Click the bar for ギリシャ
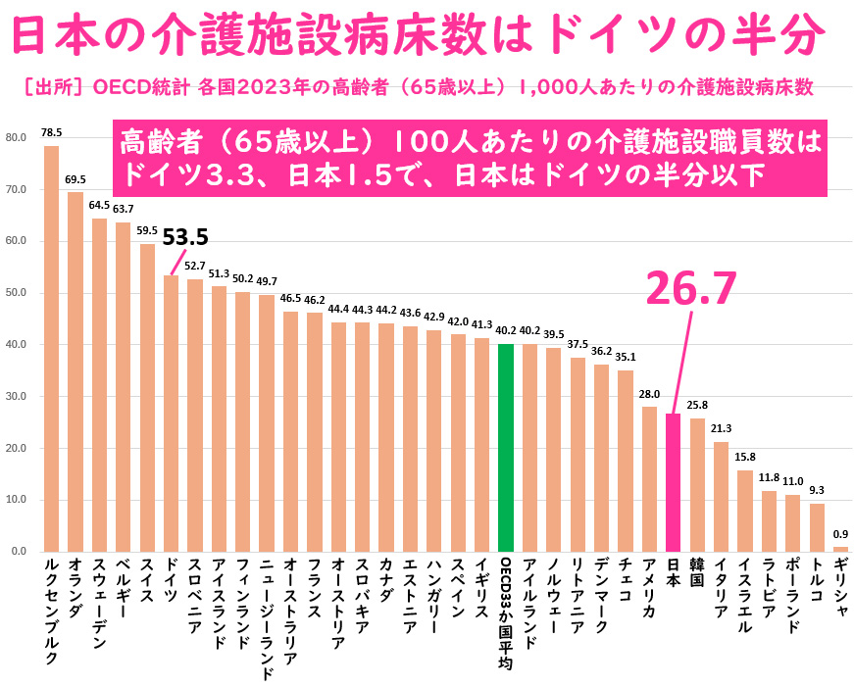840,549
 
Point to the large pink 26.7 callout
690,287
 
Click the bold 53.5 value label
186,237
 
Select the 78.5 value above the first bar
52,132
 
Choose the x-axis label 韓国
697,573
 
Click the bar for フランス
315,432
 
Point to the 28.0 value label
649,394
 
